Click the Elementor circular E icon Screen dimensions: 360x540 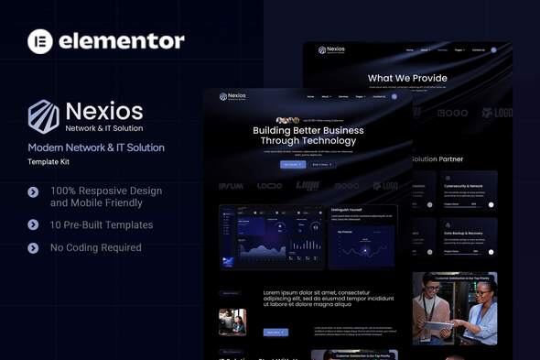40,40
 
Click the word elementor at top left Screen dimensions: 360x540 122,40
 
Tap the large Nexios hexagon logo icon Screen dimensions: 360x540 43,116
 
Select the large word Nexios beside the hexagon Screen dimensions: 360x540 104,111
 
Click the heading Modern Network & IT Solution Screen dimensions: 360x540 96,147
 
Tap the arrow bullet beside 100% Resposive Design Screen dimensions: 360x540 33,192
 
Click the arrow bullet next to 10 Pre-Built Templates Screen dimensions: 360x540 33,224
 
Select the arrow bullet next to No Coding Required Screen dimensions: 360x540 33,247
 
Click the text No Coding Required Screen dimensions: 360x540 96,247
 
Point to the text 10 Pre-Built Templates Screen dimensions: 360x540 102,224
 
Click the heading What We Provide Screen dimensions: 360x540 407,79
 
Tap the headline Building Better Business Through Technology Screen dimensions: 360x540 308,136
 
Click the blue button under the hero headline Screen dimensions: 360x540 293,164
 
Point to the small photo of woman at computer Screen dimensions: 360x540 232,322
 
